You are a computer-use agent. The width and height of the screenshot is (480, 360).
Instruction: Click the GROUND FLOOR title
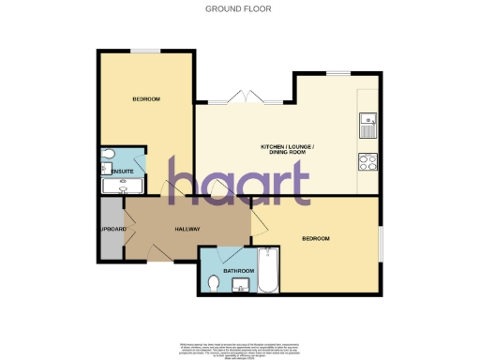[x=239, y=9]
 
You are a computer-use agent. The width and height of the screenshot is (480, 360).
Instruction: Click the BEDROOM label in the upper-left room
[x=145, y=99]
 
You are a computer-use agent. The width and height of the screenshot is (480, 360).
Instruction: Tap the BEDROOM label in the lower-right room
[x=316, y=239]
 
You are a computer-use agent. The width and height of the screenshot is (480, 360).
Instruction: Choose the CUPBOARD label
[x=111, y=227]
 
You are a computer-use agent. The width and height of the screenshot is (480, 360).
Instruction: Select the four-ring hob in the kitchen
[x=367, y=160]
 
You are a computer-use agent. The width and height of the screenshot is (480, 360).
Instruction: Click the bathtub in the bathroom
[x=266, y=269]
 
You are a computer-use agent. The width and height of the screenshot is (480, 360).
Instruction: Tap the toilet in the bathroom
[x=213, y=281]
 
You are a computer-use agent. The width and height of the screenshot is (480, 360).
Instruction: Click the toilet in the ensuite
[x=107, y=155]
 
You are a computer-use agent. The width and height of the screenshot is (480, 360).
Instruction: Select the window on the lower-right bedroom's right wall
[x=381, y=245]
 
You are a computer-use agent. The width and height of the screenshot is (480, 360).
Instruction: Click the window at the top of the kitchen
[x=337, y=72]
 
